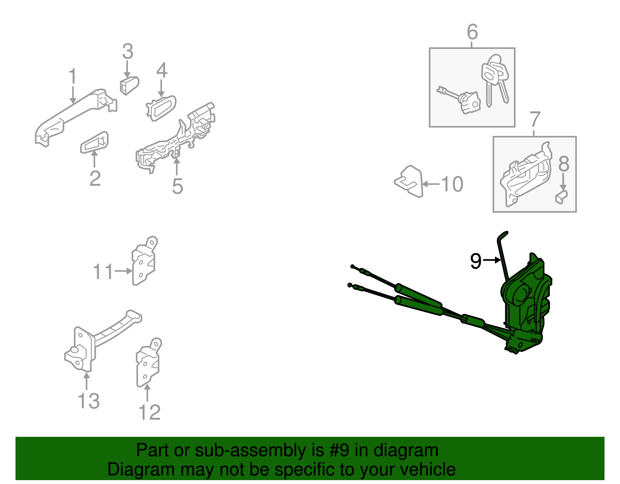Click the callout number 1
click(x=73, y=76)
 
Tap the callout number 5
click(x=177, y=186)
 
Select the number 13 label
click(x=89, y=401)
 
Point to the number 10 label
click(x=452, y=184)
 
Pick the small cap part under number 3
click(x=129, y=85)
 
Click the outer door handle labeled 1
click(x=76, y=117)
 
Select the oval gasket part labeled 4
click(x=161, y=108)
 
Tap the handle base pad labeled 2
click(x=95, y=142)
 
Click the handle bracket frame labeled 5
click(x=176, y=138)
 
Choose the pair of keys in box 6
click(x=495, y=81)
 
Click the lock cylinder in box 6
click(x=459, y=100)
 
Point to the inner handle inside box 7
click(x=525, y=174)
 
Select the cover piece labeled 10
click(x=408, y=181)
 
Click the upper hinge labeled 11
click(x=145, y=260)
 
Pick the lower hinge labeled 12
click(x=149, y=362)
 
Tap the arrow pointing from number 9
click(x=492, y=260)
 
